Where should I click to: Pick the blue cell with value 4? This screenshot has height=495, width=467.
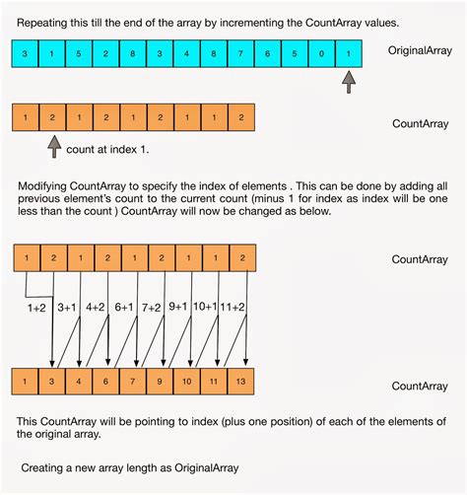185,51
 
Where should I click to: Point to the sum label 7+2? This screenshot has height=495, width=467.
152,308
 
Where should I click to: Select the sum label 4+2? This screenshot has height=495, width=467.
97,308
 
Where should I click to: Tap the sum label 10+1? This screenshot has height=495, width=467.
205,308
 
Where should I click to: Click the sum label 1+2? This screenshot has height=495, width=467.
36,308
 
